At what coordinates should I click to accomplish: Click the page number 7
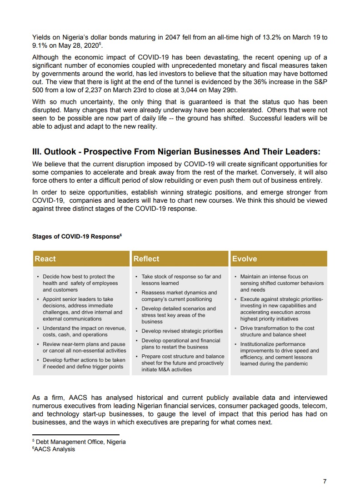tap(325, 482)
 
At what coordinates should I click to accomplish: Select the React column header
tap(45, 259)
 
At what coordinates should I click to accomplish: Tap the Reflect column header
tap(146, 259)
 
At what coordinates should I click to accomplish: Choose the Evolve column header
tap(245, 259)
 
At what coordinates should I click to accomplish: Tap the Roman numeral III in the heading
tap(37, 152)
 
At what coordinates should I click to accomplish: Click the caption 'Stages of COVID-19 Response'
tap(76, 237)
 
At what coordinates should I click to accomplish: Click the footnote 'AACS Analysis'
tap(55, 449)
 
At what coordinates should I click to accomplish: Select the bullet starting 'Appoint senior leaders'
tap(82, 309)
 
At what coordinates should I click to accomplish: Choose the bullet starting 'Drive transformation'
tap(277, 331)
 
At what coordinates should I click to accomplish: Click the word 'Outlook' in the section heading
tap(65, 152)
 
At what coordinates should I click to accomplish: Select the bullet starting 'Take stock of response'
tap(181, 279)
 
